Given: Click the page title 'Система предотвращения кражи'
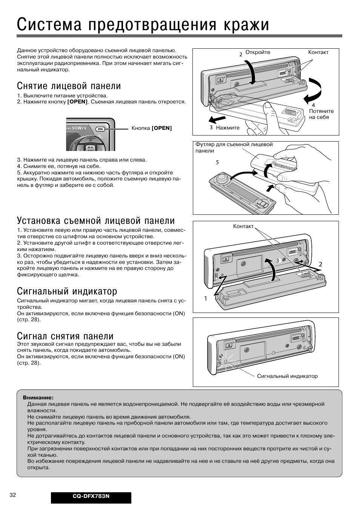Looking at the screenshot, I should pyautogui.click(x=143, y=25).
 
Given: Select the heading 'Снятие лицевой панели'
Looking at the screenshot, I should pyautogui.click(x=69, y=86).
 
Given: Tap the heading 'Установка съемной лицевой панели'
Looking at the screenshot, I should pyautogui.click(x=96, y=220).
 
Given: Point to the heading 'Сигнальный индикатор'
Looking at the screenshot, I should pyautogui.click(x=67, y=291).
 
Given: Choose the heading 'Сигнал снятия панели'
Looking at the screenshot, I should pyautogui.click(x=65, y=336).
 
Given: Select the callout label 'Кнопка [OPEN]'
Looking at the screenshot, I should pyautogui.click(x=151, y=128).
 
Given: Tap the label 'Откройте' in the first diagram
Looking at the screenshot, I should pyautogui.click(x=258, y=52).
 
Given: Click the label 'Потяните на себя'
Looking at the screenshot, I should pyautogui.click(x=321, y=114).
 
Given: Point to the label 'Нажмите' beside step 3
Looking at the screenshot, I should pyautogui.click(x=228, y=128).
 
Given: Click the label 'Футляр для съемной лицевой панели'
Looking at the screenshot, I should pyautogui.click(x=234, y=148).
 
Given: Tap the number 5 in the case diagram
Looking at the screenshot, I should pyautogui.click(x=217, y=162).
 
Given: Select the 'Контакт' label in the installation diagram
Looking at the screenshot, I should pyautogui.click(x=243, y=226).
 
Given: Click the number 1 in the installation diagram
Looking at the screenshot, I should pyautogui.click(x=206, y=298).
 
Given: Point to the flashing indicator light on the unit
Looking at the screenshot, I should pyautogui.click(x=225, y=361).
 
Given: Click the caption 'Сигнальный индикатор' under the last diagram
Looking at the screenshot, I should pyautogui.click(x=287, y=376).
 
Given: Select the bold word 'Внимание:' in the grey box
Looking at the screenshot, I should pyautogui.click(x=38, y=398).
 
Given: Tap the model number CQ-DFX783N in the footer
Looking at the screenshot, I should pyautogui.click(x=91, y=496).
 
